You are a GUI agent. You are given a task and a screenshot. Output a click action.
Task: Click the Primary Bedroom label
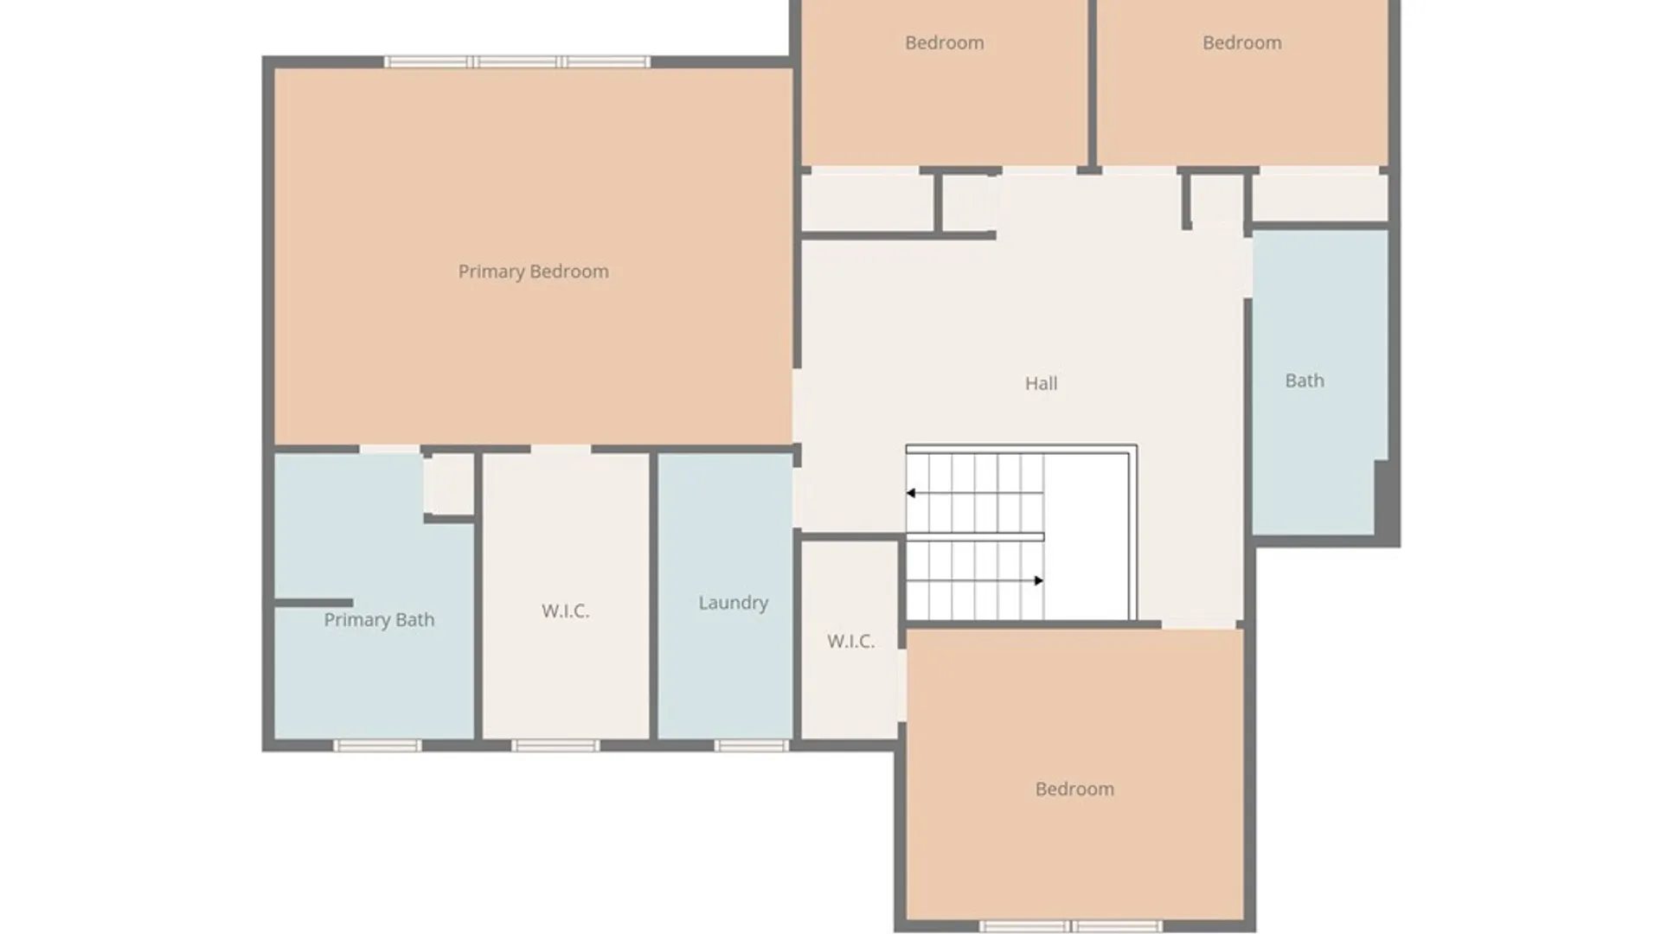[533, 272]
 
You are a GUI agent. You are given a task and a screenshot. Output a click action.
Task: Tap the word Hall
[1041, 383]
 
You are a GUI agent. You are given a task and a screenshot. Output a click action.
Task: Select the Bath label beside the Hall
[1304, 381]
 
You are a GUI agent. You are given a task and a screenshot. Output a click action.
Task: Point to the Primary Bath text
[379, 620]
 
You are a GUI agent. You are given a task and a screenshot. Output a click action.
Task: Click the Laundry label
[733, 603]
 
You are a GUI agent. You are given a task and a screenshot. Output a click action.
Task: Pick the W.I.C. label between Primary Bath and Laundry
[565, 611]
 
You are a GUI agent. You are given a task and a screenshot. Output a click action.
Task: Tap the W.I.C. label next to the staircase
[850, 642]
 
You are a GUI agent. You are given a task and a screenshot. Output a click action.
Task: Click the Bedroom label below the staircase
[1074, 789]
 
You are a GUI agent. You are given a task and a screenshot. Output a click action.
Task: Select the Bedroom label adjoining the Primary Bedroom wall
[944, 42]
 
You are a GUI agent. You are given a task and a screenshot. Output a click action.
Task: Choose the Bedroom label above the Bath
[1241, 42]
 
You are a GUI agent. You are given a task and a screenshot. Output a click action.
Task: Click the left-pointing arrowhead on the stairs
[911, 493]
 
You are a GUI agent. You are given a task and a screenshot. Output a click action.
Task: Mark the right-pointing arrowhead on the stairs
[1038, 580]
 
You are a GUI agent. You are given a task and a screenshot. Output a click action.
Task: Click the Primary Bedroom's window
[517, 61]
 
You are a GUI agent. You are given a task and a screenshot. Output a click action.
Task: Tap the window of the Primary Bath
[377, 745]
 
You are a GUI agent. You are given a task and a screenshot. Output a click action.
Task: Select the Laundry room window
[752, 745]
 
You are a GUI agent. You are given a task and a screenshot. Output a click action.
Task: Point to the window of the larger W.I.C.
[555, 745]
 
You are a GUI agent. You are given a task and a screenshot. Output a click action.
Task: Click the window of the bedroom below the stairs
[1071, 926]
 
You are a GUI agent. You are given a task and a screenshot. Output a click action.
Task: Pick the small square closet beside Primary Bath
[448, 484]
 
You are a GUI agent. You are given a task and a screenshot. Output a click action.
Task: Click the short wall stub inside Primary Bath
[313, 603]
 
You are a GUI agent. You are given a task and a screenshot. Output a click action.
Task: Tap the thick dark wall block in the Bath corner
[1386, 502]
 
